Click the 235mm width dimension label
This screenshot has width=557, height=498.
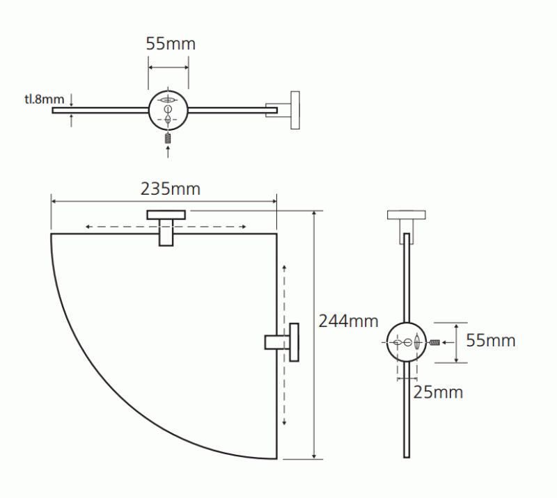tap(171, 188)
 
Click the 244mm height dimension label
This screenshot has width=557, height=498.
tap(349, 321)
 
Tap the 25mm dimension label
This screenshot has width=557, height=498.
tap(438, 392)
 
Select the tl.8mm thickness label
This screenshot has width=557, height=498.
tap(45, 99)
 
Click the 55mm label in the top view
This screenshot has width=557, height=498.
tap(171, 44)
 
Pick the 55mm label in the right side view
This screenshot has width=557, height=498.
tap(491, 340)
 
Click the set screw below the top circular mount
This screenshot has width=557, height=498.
tap(168, 138)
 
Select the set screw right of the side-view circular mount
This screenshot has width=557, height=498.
tap(434, 342)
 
